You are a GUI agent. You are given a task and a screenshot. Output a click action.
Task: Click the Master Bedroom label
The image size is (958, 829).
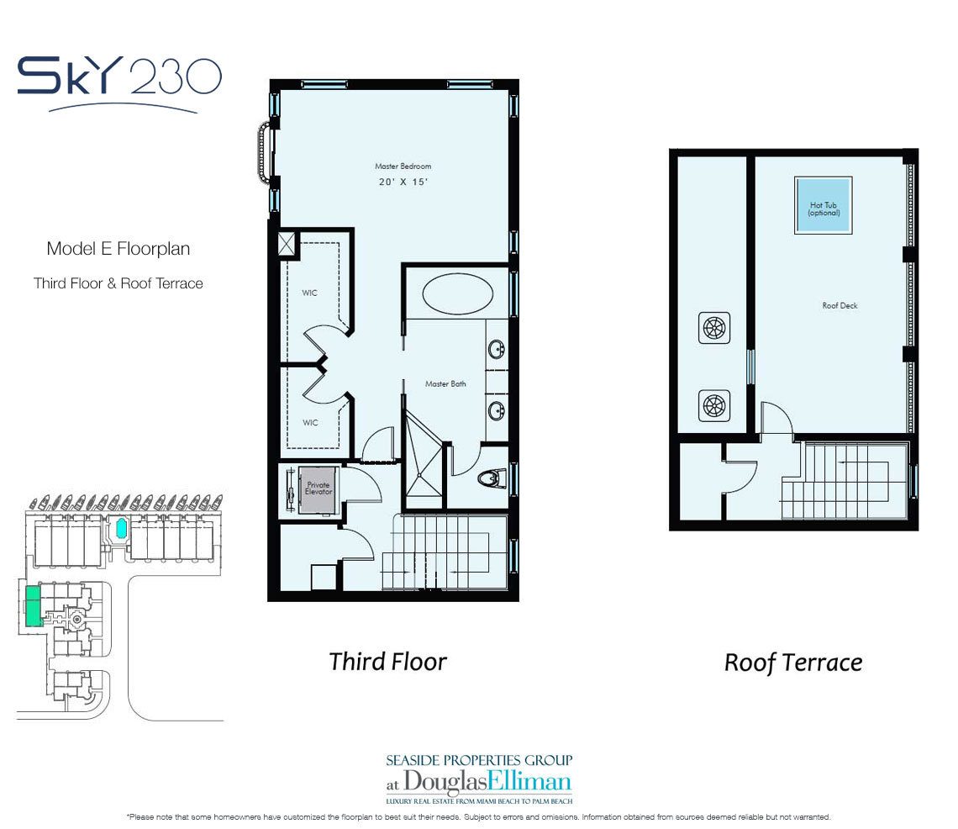pyautogui.click(x=403, y=166)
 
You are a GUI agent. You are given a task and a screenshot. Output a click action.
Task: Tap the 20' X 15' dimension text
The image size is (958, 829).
pyautogui.click(x=403, y=182)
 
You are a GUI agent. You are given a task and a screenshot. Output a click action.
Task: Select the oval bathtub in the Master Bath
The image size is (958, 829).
pyautogui.click(x=458, y=294)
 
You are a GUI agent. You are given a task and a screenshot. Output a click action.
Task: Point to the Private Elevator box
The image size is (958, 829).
pyautogui.click(x=318, y=489)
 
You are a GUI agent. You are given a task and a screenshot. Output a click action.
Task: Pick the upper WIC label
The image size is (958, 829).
pyautogui.click(x=310, y=293)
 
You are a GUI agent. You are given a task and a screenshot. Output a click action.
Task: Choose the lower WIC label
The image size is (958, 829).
pyautogui.click(x=310, y=422)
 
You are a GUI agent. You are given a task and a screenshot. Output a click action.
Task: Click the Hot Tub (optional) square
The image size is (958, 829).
pyautogui.click(x=823, y=205)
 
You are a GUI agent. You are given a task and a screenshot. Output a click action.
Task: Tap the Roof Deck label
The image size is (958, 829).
pyautogui.click(x=840, y=305)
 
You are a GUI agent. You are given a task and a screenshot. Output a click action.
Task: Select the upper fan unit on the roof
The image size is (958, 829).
pyautogui.click(x=713, y=328)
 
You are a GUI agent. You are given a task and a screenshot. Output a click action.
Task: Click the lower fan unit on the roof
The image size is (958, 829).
pyautogui.click(x=713, y=405)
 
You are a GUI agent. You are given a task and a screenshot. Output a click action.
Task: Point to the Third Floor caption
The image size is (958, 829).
pyautogui.click(x=387, y=662)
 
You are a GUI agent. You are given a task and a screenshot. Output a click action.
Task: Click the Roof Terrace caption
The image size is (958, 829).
pyautogui.click(x=793, y=662)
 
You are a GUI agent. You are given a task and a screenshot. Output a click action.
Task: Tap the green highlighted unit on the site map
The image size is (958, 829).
pyautogui.click(x=34, y=605)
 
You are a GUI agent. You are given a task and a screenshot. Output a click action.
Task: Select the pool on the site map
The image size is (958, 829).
pyautogui.click(x=121, y=527)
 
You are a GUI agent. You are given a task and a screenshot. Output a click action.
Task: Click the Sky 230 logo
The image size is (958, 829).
pyautogui.click(x=119, y=82)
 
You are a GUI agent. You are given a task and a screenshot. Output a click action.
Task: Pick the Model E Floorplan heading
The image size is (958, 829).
pyautogui.click(x=118, y=249)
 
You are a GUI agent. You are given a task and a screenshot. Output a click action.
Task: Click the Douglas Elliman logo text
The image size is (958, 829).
pyautogui.click(x=479, y=781)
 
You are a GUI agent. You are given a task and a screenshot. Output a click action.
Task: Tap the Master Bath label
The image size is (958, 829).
pyautogui.click(x=445, y=384)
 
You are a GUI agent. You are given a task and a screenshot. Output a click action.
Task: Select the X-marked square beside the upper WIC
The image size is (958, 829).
pyautogui.click(x=287, y=243)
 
